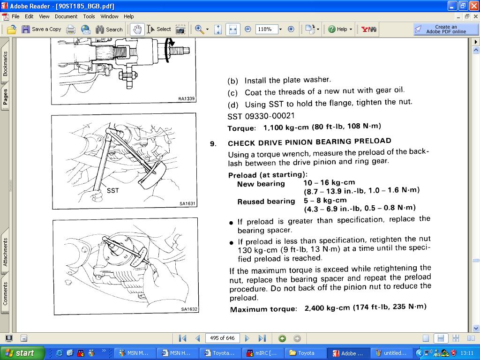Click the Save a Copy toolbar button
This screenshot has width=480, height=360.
tap(41, 30)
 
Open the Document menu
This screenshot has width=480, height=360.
tap(66, 16)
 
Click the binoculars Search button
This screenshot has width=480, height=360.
tap(109, 30)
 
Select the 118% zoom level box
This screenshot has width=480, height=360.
tap(267, 29)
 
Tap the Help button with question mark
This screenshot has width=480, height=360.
tap(340, 30)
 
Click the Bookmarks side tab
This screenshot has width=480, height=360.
tap(5, 64)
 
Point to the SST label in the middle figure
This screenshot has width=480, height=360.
tap(112, 190)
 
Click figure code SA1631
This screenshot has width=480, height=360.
tap(187, 203)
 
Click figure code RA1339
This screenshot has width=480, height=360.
tap(186, 98)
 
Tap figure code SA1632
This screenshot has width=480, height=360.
tap(189, 309)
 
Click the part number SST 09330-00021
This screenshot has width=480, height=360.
tap(261, 116)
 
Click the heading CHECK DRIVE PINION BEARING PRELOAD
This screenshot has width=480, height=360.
tap(309, 142)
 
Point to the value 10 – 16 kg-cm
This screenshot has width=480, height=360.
tap(330, 182)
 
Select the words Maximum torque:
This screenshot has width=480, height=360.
tap(263, 309)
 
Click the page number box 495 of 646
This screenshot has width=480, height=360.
tap(222, 338)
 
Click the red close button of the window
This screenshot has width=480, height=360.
tap(473, 6)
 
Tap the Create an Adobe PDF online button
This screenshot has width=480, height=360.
tap(445, 29)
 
